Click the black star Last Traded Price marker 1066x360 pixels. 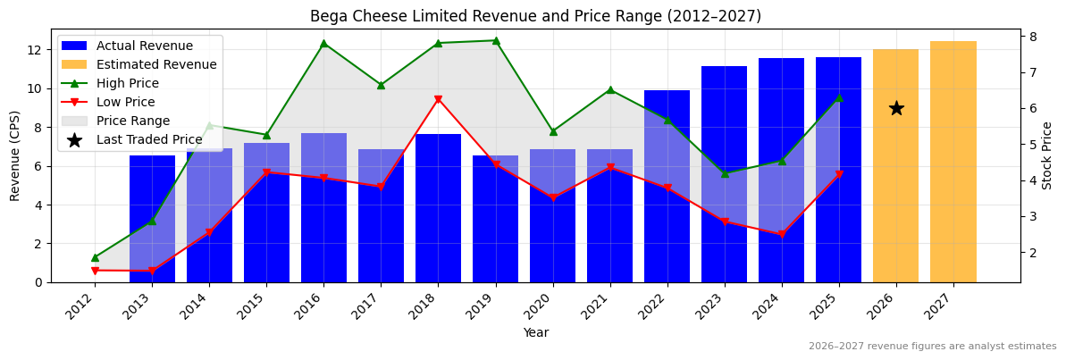pos(896,108)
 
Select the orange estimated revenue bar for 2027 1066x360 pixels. pos(953,162)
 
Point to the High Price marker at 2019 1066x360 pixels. pos(496,40)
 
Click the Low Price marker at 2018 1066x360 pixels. pos(438,99)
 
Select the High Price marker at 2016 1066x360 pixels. pos(323,43)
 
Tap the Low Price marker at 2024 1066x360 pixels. pos(782,234)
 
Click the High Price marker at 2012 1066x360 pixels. pos(95,257)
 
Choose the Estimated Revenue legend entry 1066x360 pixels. pos(155,64)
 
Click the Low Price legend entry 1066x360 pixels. pos(125,102)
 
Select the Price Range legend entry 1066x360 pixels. pos(132,121)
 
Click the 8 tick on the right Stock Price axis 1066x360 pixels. pos(1032,36)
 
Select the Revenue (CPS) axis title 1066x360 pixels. pos(15,155)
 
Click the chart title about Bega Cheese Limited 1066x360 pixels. pos(535,16)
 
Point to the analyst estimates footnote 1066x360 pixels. pos(932,347)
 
